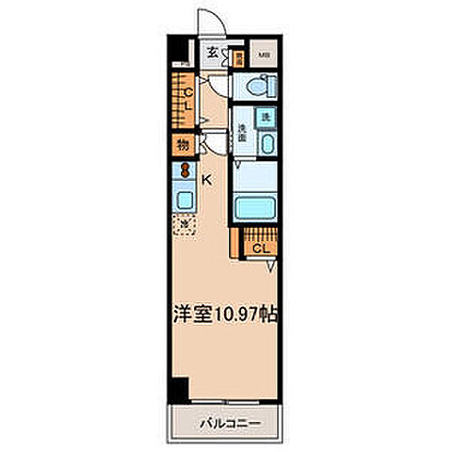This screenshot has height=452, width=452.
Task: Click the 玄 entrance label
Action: click(x=214, y=54)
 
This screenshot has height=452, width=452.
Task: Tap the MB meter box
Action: click(x=265, y=55)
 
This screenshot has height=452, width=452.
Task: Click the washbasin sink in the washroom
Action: click(x=267, y=146)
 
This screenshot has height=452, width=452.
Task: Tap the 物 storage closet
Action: click(x=181, y=145)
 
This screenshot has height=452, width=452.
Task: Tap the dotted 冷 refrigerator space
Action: click(x=185, y=224)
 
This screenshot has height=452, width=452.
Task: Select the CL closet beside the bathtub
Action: click(x=260, y=247)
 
